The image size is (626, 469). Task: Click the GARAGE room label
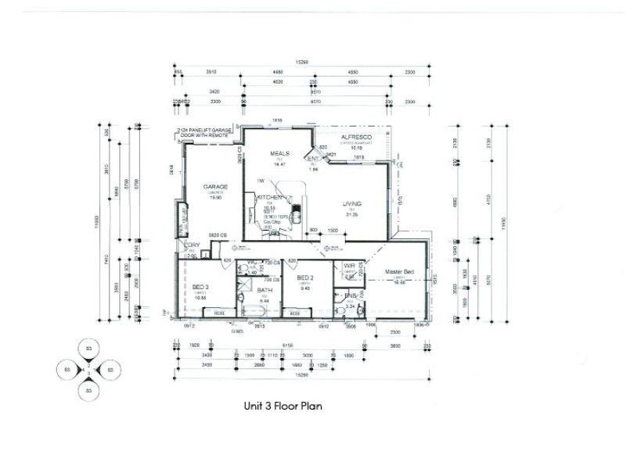(216, 187)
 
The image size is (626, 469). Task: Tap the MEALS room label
(280, 153)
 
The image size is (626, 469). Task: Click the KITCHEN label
(269, 198)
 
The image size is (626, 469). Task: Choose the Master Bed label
(399, 272)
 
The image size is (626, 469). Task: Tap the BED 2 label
(305, 278)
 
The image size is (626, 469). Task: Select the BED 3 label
(201, 288)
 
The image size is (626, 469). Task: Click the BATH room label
(264, 290)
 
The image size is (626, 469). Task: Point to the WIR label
(349, 266)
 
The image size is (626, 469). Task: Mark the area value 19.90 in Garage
(216, 198)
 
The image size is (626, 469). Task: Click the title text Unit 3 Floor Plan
(282, 406)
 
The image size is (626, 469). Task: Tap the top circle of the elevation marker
(88, 348)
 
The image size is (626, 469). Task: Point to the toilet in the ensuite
(359, 310)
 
